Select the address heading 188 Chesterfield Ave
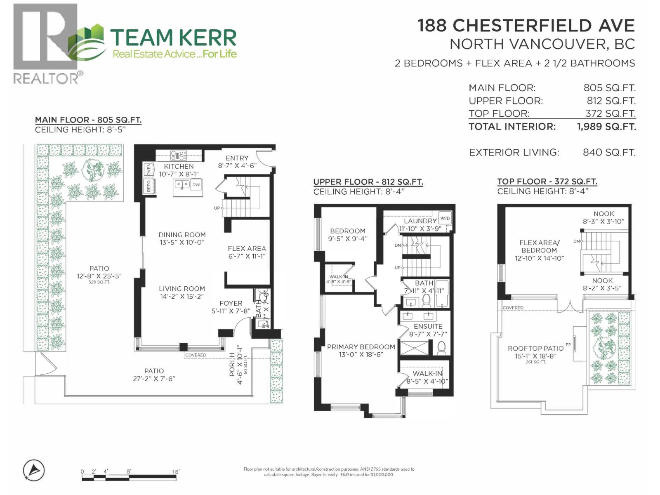[526, 26]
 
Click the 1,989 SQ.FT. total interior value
[606, 127]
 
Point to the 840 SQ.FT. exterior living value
[609, 153]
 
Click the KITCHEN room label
[179, 166]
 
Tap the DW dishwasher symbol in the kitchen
[196, 185]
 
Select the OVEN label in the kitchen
[148, 170]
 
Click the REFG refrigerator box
[148, 186]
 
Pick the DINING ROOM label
[182, 235]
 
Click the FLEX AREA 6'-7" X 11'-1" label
[247, 252]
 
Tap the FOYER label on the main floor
[231, 303]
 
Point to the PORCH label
[232, 365]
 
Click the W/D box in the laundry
[445, 218]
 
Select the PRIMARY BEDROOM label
[361, 347]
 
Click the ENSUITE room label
[428, 326]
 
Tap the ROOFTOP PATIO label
[535, 349]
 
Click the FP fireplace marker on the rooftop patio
[568, 344]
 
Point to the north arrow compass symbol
[34, 470]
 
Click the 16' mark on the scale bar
[176, 471]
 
